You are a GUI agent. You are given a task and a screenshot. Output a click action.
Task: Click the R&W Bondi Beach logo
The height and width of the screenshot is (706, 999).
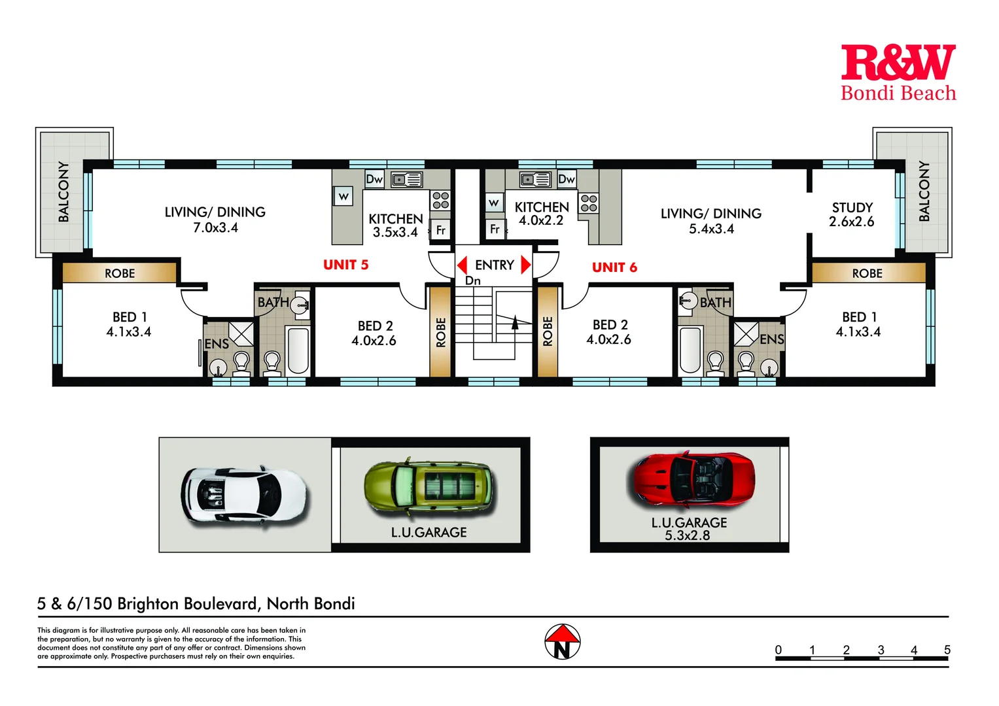point(898,73)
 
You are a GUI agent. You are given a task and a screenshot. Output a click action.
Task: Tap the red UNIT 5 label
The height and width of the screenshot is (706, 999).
point(345,265)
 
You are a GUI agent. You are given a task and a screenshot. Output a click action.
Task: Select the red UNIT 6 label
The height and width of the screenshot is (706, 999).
point(614,267)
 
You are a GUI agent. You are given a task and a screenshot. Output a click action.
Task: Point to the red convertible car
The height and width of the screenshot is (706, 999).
point(693,480)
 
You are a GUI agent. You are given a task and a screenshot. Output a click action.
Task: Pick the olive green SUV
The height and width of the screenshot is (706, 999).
point(430,486)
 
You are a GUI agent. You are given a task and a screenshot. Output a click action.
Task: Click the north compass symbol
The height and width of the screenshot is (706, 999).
point(563,642)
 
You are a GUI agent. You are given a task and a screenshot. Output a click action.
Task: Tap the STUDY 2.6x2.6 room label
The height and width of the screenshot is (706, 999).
point(851,214)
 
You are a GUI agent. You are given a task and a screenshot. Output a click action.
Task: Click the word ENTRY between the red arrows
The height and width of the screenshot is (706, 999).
point(495,265)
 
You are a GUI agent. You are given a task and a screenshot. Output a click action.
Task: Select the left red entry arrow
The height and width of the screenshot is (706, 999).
point(463,265)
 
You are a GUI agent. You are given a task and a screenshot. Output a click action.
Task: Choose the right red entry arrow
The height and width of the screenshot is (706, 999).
point(525,265)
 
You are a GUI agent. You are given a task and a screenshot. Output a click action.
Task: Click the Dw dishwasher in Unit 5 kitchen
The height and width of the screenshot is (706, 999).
point(374,179)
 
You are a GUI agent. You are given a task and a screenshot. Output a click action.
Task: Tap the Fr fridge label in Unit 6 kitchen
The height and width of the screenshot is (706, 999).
point(495,229)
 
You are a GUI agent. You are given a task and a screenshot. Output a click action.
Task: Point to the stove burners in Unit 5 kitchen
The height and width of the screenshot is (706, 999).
point(440,200)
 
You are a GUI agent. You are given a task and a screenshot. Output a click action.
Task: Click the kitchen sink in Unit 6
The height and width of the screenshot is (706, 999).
point(535,179)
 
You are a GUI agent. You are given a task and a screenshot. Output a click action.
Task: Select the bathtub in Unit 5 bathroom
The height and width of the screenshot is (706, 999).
point(298,350)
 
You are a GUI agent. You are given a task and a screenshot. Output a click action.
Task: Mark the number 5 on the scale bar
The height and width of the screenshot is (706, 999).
point(947,650)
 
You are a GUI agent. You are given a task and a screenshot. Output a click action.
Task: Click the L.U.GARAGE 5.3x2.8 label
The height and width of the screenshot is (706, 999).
point(689,529)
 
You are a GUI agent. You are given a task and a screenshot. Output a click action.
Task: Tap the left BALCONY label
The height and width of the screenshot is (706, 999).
point(63,192)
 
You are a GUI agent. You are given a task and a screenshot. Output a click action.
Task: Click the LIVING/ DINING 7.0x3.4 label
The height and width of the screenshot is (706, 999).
point(215,220)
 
